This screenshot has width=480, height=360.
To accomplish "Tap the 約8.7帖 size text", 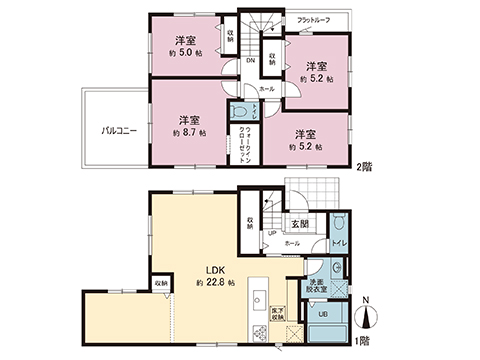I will [189, 132].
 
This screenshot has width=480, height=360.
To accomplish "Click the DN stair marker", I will [250, 60].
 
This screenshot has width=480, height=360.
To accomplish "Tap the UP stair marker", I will [272, 236].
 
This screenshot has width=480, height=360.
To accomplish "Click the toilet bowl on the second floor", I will [240, 110].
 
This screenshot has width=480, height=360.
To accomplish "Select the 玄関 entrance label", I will [300, 224].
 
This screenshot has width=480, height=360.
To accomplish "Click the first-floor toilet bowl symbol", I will [340, 226].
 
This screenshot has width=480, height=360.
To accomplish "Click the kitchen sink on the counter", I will [257, 299].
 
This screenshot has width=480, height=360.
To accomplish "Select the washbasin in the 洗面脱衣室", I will [340, 270].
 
